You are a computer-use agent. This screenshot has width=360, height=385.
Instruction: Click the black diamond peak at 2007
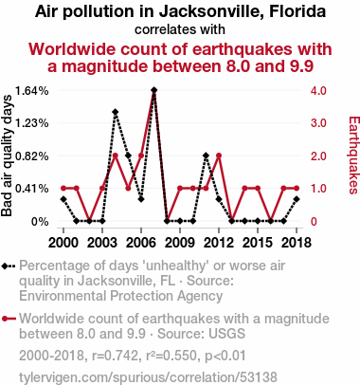pos(154,90)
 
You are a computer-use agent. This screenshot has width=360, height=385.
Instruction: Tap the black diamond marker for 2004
pos(116,112)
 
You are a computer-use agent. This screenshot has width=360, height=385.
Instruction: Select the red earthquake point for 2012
pos(219,156)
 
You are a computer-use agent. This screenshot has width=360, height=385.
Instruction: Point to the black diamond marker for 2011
pos(206,156)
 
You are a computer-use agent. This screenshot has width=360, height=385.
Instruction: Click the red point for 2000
pos(63,189)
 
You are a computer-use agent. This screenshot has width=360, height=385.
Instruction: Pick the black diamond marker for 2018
pos(297,199)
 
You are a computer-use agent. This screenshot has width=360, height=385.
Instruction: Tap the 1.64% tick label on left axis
pos(32,91)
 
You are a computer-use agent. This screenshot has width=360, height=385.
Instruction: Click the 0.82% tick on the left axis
pos(32,156)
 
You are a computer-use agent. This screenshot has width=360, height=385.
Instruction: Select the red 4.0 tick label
pos(318,91)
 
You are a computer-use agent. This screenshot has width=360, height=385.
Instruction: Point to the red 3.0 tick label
pos(318,123)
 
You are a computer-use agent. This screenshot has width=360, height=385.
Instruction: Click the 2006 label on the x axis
pos(141,243)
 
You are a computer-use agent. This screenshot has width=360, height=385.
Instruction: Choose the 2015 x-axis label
pos(258,243)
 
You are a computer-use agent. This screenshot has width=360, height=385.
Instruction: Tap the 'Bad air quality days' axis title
pos(7,156)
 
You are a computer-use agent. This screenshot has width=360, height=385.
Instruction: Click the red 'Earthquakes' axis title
pos(353,156)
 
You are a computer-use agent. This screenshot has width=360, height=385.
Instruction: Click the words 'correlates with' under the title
pos(180,29)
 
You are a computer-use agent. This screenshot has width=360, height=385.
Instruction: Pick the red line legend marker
pos(9,319)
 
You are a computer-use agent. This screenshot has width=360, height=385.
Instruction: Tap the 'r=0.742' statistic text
pos(115,357)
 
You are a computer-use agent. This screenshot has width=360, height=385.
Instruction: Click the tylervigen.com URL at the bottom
pos(148,377)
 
